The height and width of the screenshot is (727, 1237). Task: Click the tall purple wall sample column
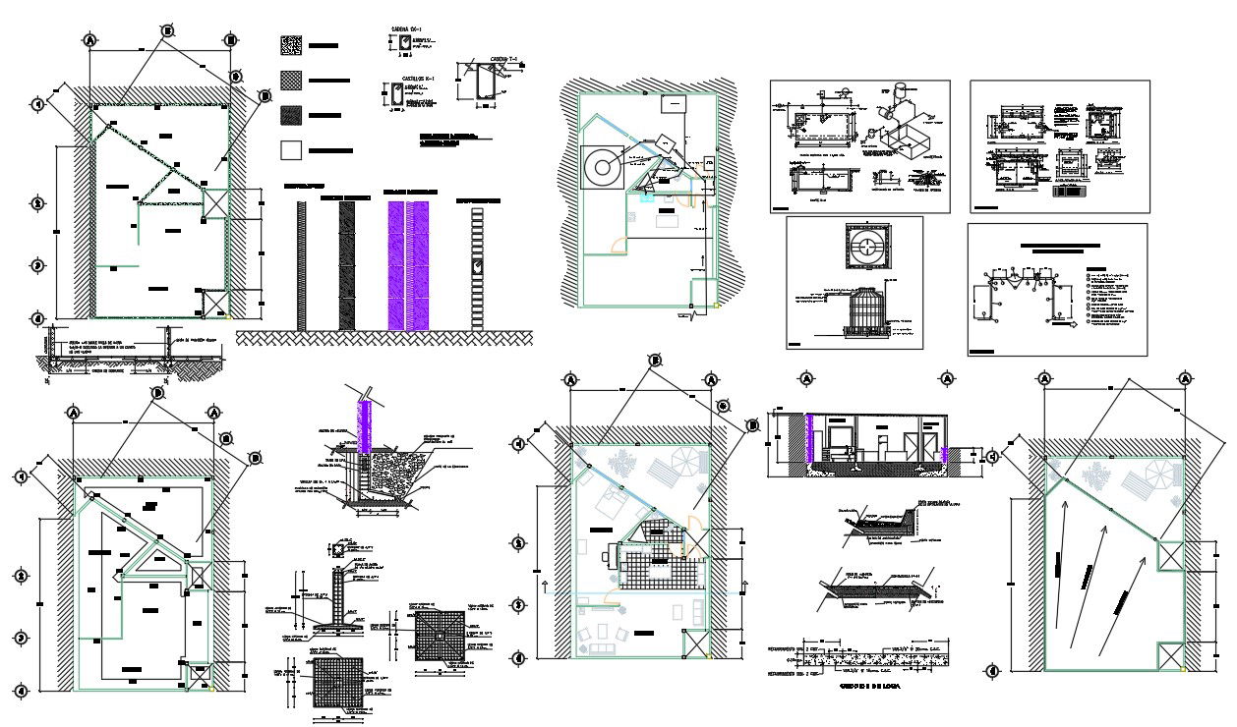point(408,265)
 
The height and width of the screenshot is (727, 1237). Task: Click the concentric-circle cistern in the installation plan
point(600,168)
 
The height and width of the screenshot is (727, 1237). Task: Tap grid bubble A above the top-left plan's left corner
point(90,40)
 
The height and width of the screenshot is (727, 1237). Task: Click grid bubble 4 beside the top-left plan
point(38,318)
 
